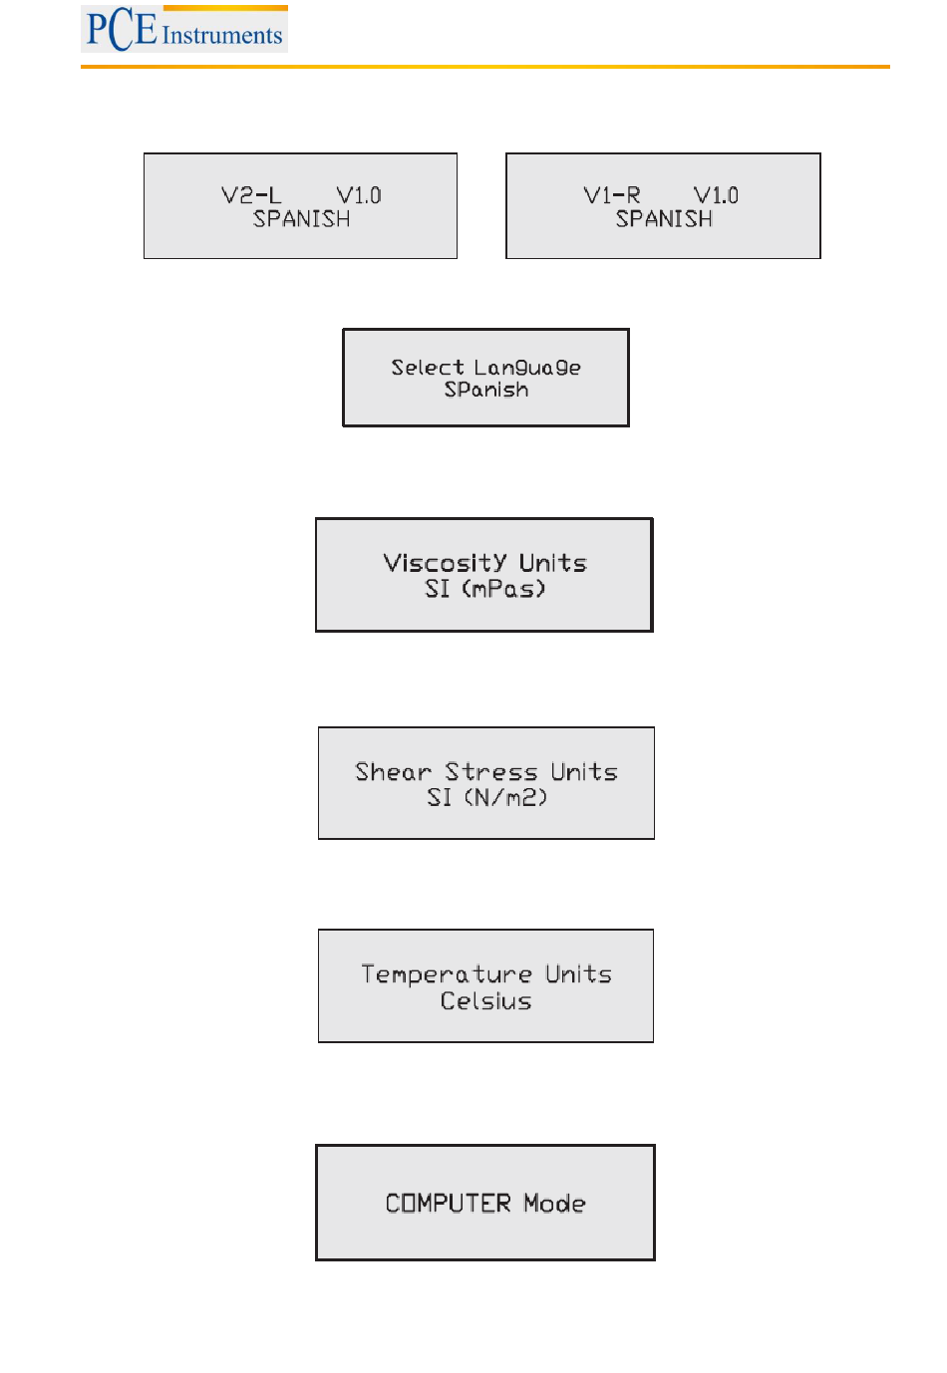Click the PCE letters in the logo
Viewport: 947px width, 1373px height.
(x=122, y=30)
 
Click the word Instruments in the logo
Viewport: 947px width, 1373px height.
(x=222, y=35)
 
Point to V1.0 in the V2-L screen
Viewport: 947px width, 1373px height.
(x=359, y=195)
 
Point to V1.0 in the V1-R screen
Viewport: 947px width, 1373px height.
(x=716, y=195)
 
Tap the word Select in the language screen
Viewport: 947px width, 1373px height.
(x=428, y=367)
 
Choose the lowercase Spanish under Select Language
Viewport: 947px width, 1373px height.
(x=486, y=390)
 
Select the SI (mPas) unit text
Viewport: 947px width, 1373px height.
(x=485, y=589)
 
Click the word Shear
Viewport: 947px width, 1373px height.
(x=393, y=772)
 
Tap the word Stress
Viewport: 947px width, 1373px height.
(x=491, y=772)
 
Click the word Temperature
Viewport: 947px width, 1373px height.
(x=447, y=974)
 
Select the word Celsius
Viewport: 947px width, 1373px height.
(x=485, y=1001)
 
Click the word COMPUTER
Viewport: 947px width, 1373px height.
(x=449, y=1204)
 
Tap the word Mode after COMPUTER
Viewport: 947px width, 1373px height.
(x=554, y=1204)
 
